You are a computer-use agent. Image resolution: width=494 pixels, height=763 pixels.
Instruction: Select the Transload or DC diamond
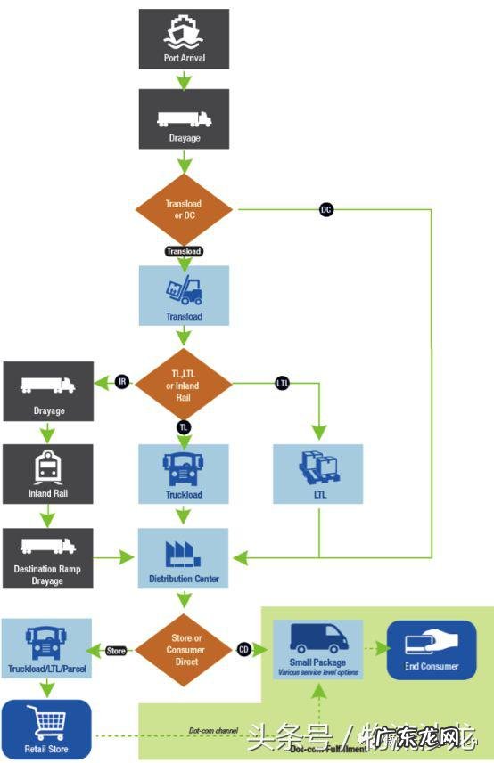[184, 209]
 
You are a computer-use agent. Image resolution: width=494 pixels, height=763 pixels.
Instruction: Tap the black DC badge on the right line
[326, 210]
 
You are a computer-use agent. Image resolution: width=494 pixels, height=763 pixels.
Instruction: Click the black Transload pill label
[184, 251]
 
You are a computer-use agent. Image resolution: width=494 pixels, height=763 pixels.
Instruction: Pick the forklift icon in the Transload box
[184, 291]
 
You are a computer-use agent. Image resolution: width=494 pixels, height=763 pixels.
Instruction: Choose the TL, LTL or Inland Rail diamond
[184, 384]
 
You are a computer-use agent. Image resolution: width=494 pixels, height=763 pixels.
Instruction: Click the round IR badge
[123, 382]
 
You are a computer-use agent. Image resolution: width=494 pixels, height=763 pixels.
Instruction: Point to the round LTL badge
[283, 383]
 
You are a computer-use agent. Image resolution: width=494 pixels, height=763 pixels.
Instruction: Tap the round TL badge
[184, 427]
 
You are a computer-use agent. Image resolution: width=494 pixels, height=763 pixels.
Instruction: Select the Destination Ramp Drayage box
[47, 558]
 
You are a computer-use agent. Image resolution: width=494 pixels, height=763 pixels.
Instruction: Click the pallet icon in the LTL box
[318, 467]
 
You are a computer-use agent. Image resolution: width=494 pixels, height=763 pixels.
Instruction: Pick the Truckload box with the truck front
[184, 474]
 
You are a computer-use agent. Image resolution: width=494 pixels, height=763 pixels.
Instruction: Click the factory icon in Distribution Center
[184, 553]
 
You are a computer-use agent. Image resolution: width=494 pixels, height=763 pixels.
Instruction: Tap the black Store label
[116, 650]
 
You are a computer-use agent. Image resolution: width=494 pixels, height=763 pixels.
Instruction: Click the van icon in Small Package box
[318, 640]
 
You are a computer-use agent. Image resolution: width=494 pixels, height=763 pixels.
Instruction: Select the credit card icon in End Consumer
[431, 644]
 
